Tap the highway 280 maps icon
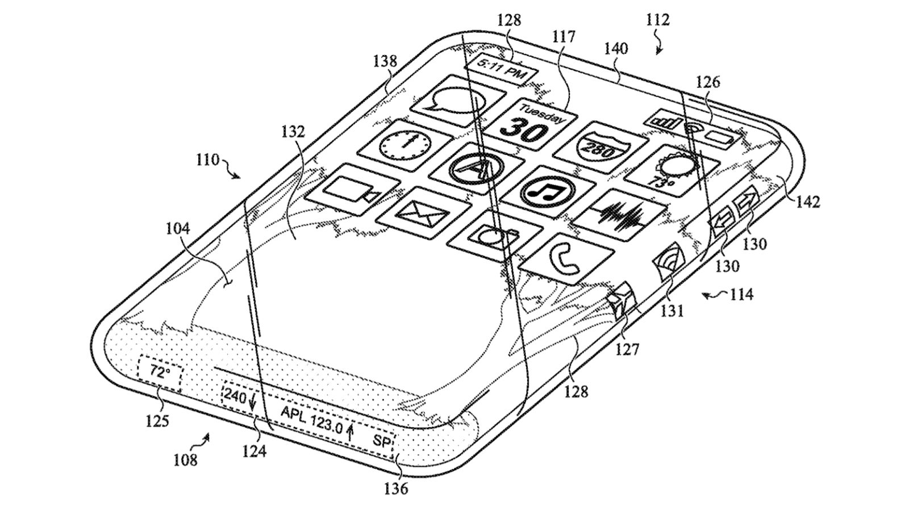click(x=601, y=147)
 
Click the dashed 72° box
click(x=160, y=373)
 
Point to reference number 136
click(x=396, y=488)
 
